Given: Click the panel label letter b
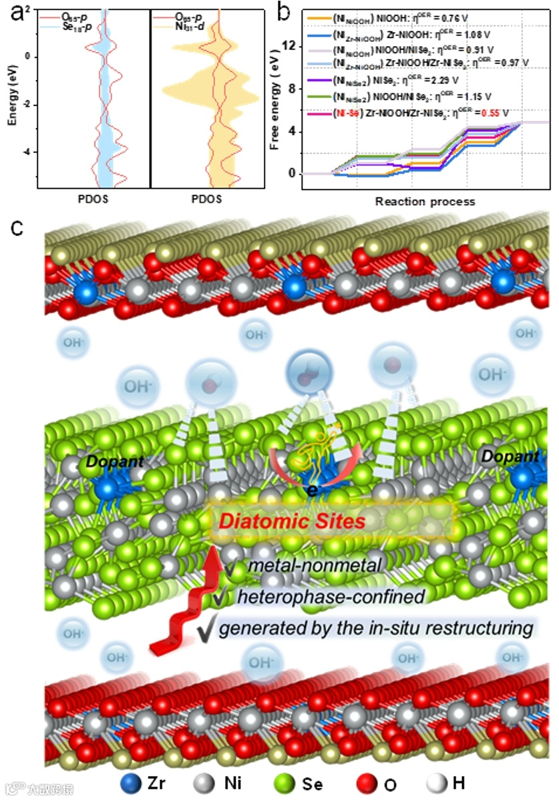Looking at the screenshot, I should tap(283, 12).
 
